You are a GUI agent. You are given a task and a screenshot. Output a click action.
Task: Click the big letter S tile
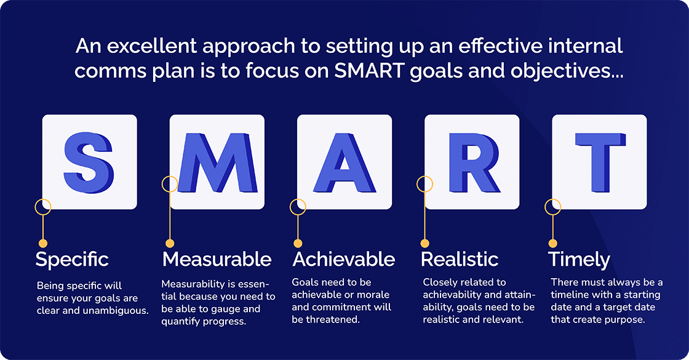pos(89,162)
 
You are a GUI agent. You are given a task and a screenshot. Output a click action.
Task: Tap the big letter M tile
pos(217,162)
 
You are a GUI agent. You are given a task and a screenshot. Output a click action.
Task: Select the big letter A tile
pos(344,162)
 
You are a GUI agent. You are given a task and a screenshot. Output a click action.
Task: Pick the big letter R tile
pos(472,162)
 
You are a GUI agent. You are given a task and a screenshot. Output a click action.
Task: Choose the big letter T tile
pos(599,162)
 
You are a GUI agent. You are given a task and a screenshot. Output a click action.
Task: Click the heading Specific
pos(72,259)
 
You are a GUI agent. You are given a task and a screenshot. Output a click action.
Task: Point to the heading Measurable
pos(217,259)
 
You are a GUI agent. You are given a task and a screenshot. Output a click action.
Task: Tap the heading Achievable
pos(344,259)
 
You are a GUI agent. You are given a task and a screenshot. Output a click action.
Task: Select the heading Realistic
pos(460,259)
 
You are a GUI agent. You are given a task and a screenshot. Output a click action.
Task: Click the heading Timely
pos(579,259)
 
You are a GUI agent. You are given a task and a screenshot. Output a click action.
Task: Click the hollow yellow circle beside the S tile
pos(42,206)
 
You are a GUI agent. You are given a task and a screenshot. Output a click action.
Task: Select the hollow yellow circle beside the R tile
pos(425,183)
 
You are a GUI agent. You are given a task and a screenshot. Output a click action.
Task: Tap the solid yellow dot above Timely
pos(552,243)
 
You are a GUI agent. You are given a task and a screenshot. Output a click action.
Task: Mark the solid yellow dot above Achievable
pos(298,243)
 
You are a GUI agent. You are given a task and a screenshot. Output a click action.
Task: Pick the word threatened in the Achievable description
pos(336,319)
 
